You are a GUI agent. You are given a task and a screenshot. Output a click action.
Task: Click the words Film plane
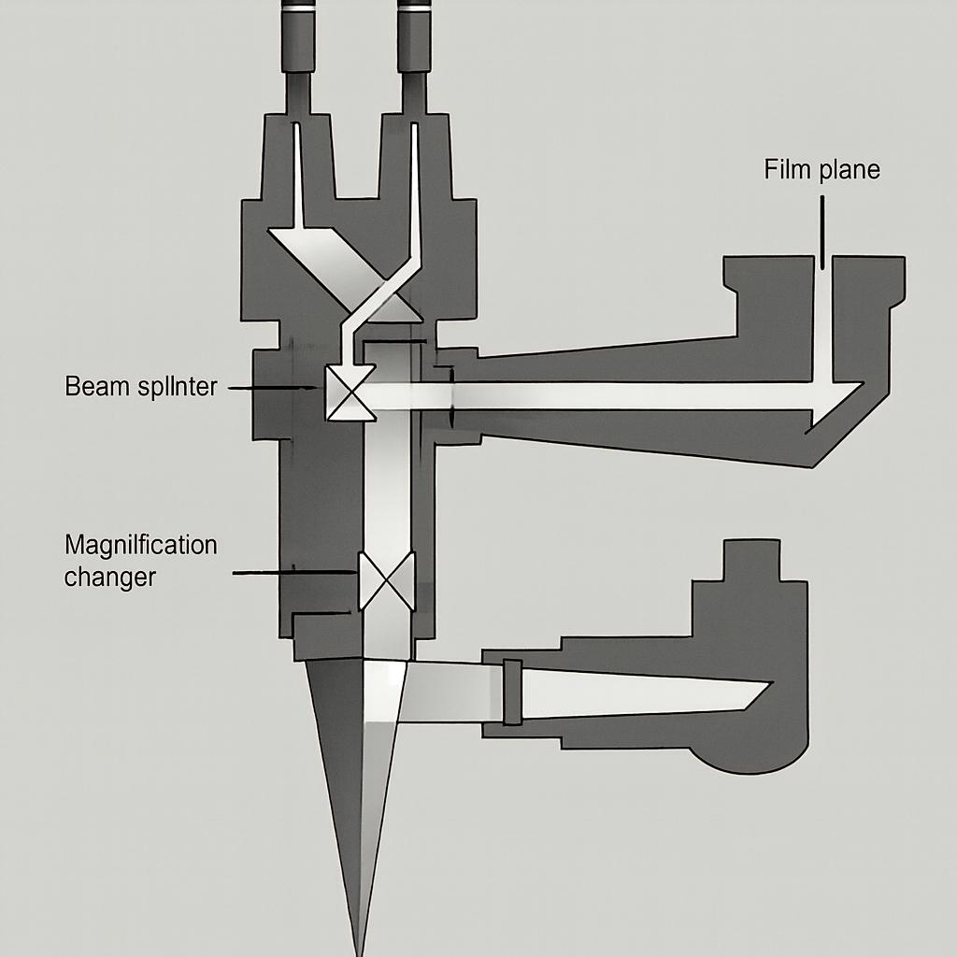tap(821, 171)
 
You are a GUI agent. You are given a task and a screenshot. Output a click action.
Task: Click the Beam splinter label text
tap(140, 387)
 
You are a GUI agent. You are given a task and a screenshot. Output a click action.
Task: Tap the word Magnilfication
tap(140, 545)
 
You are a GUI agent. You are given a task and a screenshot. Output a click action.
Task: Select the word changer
tap(109, 577)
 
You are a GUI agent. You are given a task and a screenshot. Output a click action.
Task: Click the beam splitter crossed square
tap(346, 393)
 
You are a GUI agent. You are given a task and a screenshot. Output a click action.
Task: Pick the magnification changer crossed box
tap(386, 580)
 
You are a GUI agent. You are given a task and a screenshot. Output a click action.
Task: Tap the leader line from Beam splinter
tap(271, 387)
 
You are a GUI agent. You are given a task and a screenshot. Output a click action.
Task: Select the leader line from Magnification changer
tap(294, 572)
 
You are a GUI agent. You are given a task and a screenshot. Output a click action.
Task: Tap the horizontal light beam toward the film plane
tap(636, 395)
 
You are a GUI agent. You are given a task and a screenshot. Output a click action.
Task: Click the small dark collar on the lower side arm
tap(511, 692)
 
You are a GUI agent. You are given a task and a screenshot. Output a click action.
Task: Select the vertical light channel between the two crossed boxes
tap(386, 486)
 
